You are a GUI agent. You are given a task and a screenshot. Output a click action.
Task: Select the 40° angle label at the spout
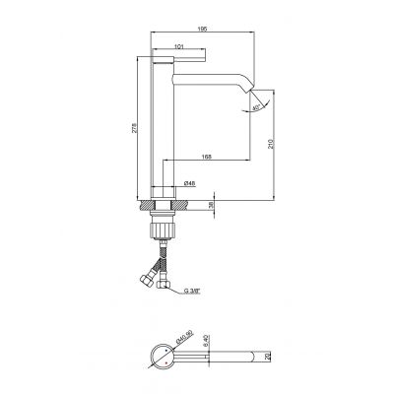click(257, 107)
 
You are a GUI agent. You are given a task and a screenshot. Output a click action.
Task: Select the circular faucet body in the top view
click(159, 357)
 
